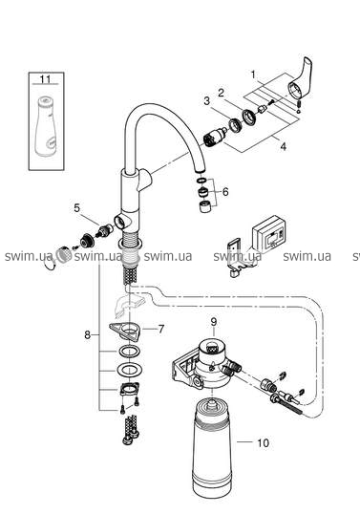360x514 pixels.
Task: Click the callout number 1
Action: pyautogui.click(x=253, y=75)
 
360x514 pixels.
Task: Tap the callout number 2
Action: pyautogui.click(x=222, y=93)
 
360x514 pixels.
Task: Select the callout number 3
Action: pyautogui.click(x=206, y=101)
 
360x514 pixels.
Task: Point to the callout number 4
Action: pyautogui.click(x=283, y=146)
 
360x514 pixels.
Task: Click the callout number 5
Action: pyautogui.click(x=76, y=208)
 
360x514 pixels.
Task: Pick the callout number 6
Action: pyautogui.click(x=225, y=191)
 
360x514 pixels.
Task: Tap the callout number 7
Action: pyautogui.click(x=160, y=329)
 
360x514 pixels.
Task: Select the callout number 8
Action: pyautogui.click(x=87, y=335)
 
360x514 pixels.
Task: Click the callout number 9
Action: pyautogui.click(x=213, y=322)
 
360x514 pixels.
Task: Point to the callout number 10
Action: pyautogui.click(x=263, y=443)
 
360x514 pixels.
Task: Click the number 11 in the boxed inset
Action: pyautogui.click(x=46, y=79)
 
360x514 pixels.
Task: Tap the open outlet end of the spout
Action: pyautogui.click(x=200, y=171)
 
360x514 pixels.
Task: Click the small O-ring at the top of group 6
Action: pyautogui.click(x=201, y=180)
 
